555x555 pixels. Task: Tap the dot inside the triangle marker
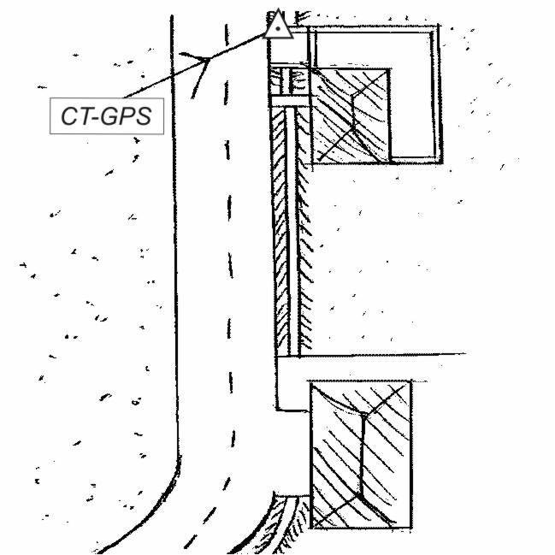coord(276,27)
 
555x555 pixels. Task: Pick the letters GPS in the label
coord(124,115)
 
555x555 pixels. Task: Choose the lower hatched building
coord(359,453)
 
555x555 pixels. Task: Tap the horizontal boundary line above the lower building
coord(376,354)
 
